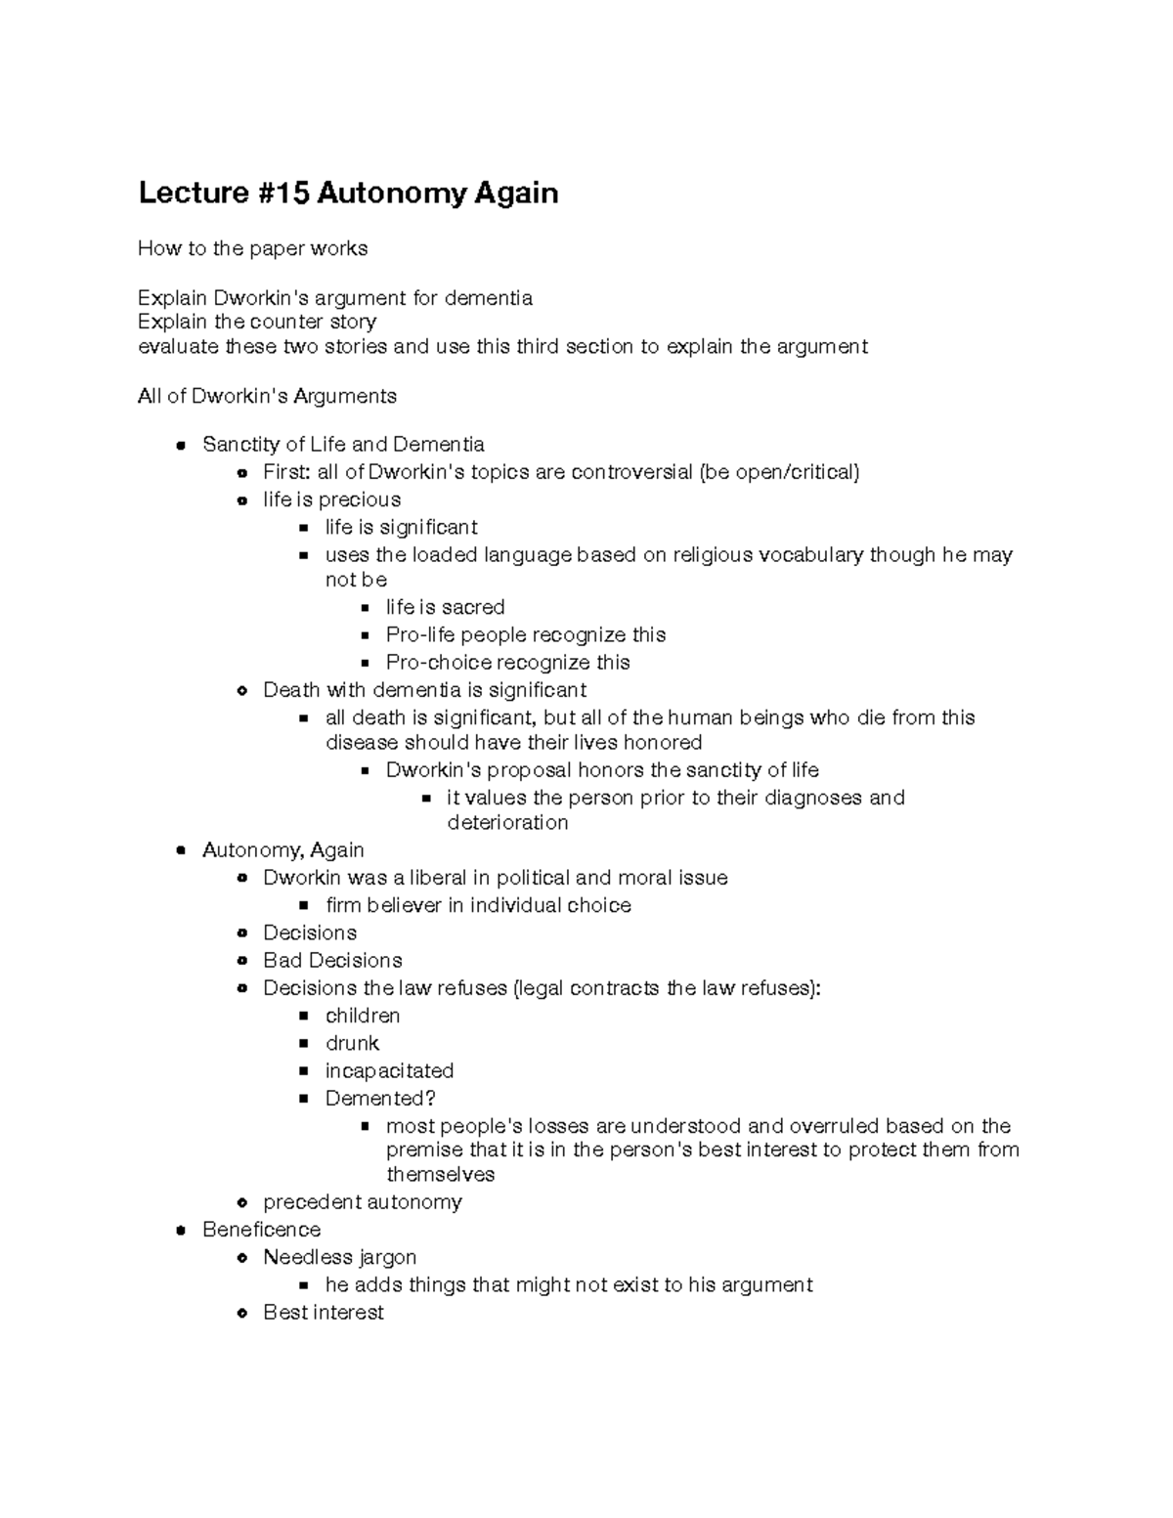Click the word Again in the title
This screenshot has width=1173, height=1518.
pos(516,193)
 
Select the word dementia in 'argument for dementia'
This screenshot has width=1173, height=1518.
pos(488,298)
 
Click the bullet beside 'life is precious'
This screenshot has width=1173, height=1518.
pos(242,500)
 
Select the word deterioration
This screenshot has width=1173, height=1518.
pos(507,823)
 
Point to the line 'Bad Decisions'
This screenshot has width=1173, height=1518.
pos(332,961)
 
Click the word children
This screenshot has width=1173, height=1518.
pos(363,1016)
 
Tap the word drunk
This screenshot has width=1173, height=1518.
pos(352,1043)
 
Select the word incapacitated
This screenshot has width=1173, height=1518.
pos(389,1070)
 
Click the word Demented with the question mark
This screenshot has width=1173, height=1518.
pos(380,1099)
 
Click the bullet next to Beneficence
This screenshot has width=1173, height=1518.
pos(181,1230)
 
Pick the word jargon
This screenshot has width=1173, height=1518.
pos(387,1257)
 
